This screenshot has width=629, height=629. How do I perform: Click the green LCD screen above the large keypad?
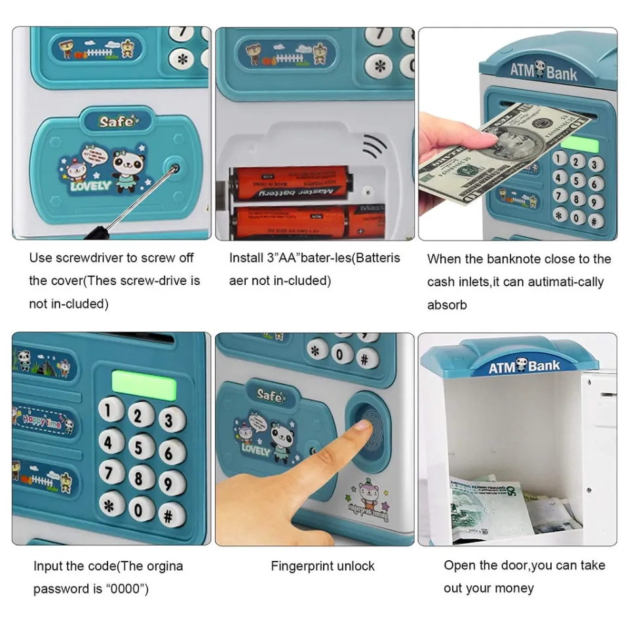[144, 383]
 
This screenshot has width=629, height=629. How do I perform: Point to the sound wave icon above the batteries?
[375, 146]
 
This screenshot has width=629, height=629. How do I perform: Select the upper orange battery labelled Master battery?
[292, 183]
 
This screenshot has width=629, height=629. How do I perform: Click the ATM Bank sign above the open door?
[524, 366]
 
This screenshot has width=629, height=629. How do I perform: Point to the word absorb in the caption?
[447, 305]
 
